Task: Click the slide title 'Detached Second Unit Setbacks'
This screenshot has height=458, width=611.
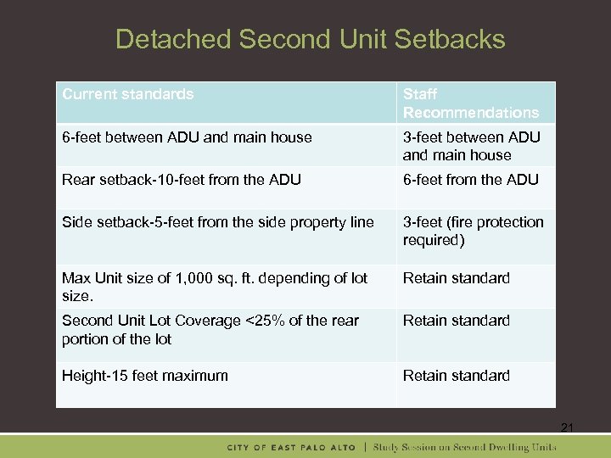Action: [x=310, y=39]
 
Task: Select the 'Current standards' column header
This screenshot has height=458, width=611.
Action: [x=128, y=94]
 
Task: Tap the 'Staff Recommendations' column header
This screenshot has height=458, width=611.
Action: [x=470, y=103]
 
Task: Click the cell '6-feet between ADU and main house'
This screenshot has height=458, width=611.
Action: [x=187, y=137]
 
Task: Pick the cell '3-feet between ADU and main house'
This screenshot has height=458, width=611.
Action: [x=471, y=146]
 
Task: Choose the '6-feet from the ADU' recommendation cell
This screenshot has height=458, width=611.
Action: [x=470, y=179]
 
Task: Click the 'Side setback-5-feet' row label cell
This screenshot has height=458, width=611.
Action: [x=218, y=222]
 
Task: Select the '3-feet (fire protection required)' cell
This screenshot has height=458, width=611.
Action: [x=473, y=231]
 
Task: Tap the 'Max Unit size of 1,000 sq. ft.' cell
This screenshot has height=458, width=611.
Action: [x=215, y=287]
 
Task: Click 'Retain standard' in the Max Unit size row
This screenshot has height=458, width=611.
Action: [x=457, y=278]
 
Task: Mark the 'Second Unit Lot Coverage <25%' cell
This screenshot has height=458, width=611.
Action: [x=210, y=329]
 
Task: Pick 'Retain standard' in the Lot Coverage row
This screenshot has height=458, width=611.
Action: [x=457, y=321]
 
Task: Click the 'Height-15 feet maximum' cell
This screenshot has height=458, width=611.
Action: [x=145, y=376]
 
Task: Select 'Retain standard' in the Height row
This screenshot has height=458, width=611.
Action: [x=457, y=376]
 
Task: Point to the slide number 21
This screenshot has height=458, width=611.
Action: [x=567, y=428]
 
